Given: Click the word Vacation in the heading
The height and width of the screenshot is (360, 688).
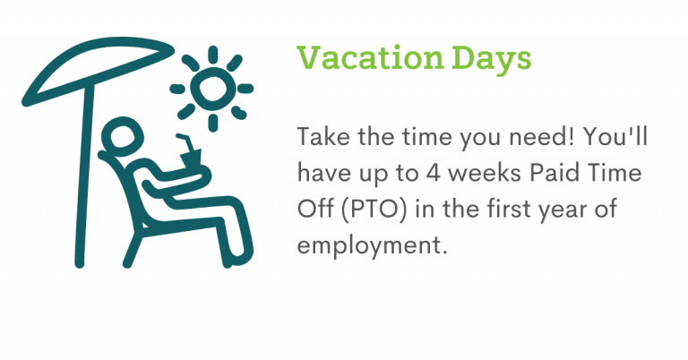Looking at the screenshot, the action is point(370,58).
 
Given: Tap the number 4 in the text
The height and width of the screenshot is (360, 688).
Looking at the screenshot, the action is point(433,173).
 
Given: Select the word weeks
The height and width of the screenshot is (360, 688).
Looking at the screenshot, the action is point(486,172).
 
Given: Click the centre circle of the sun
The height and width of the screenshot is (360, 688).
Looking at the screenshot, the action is point(213,87).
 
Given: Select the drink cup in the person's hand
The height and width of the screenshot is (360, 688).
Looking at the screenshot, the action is point(191,159).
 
